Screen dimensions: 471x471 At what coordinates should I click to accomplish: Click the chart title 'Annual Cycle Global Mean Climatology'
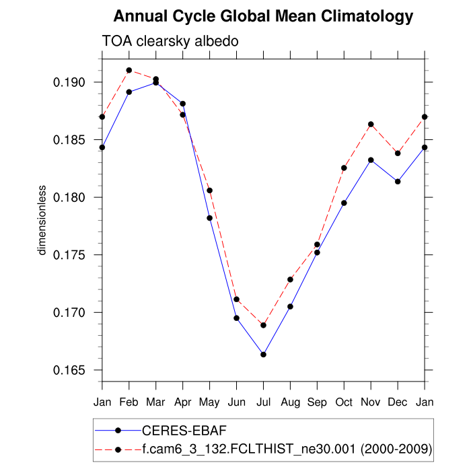pyautogui.click(x=263, y=15)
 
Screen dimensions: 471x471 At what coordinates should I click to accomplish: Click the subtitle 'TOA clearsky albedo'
pyautogui.click(x=170, y=42)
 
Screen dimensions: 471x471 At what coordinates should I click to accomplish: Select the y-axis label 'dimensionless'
pyautogui.click(x=42, y=220)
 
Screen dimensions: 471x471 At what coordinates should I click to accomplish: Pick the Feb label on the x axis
pyautogui.click(x=129, y=402)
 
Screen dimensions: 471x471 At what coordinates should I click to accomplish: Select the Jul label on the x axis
pyautogui.click(x=264, y=402)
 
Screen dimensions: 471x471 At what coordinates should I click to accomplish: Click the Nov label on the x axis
pyautogui.click(x=371, y=402)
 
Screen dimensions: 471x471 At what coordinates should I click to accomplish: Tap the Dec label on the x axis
pyautogui.click(x=398, y=402)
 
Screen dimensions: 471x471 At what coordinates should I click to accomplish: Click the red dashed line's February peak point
pyautogui.click(x=129, y=70)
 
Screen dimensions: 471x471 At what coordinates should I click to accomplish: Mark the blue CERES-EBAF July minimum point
pyautogui.click(x=264, y=355)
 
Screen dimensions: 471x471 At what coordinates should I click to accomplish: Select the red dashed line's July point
pyautogui.click(x=264, y=325)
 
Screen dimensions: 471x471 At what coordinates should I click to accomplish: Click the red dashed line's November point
pyautogui.click(x=371, y=124)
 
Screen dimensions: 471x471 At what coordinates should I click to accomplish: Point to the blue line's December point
pyautogui.click(x=398, y=182)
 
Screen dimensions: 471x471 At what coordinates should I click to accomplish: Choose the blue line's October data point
pyautogui.click(x=344, y=203)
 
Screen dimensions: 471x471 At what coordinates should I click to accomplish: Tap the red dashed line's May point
pyautogui.click(x=210, y=190)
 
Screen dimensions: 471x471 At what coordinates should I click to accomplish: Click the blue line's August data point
pyautogui.click(x=290, y=306)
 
